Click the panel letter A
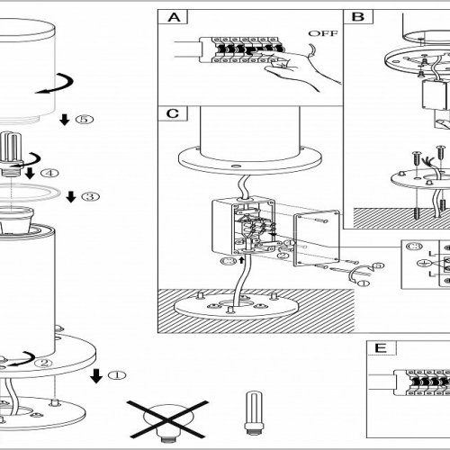[175, 17]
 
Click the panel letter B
[358, 17]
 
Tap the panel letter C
[173, 113]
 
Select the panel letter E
[381, 348]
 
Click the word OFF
[323, 33]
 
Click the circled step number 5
[85, 119]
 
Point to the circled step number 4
[49, 173]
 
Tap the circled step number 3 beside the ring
[91, 196]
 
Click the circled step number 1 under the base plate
[117, 375]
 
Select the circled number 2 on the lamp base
[44, 363]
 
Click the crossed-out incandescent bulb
[167, 419]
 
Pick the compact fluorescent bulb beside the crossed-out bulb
[254, 412]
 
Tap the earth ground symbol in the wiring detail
[424, 263]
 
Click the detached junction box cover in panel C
[317, 238]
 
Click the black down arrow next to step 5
[65, 120]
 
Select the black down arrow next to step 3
[71, 197]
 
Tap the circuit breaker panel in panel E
[427, 382]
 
